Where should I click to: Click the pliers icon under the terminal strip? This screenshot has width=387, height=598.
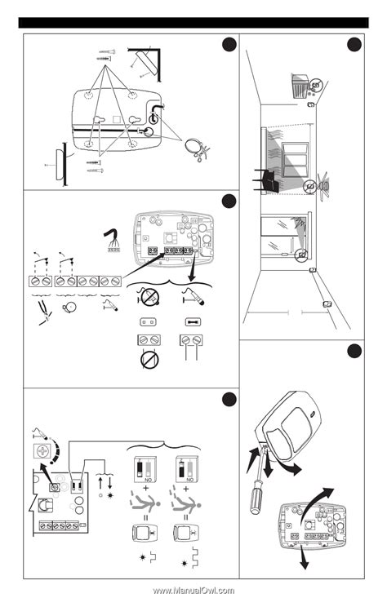(39, 311)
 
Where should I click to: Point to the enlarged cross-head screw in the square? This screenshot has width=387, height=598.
(39, 451)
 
